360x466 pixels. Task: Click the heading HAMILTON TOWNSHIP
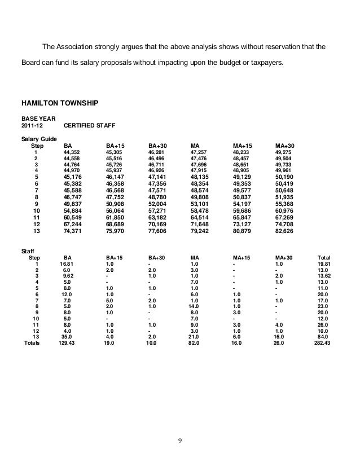[60, 104]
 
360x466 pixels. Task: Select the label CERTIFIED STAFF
[91, 127]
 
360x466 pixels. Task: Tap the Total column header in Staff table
[324, 257]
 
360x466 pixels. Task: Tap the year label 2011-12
[33, 127]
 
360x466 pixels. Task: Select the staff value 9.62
[67, 276]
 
